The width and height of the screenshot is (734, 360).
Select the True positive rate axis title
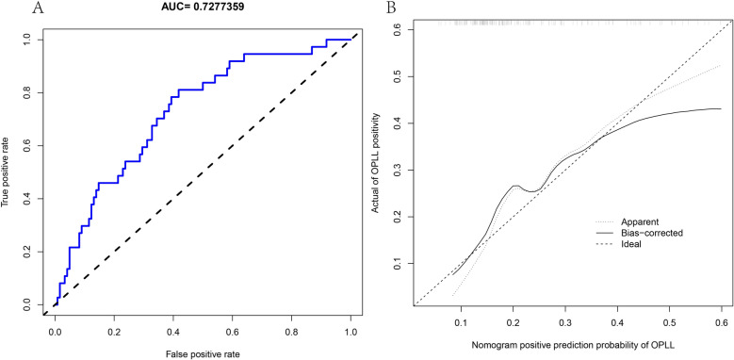point(8,172)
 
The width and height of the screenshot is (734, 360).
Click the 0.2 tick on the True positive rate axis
point(25,252)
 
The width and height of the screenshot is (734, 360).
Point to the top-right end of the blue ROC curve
point(350,40)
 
